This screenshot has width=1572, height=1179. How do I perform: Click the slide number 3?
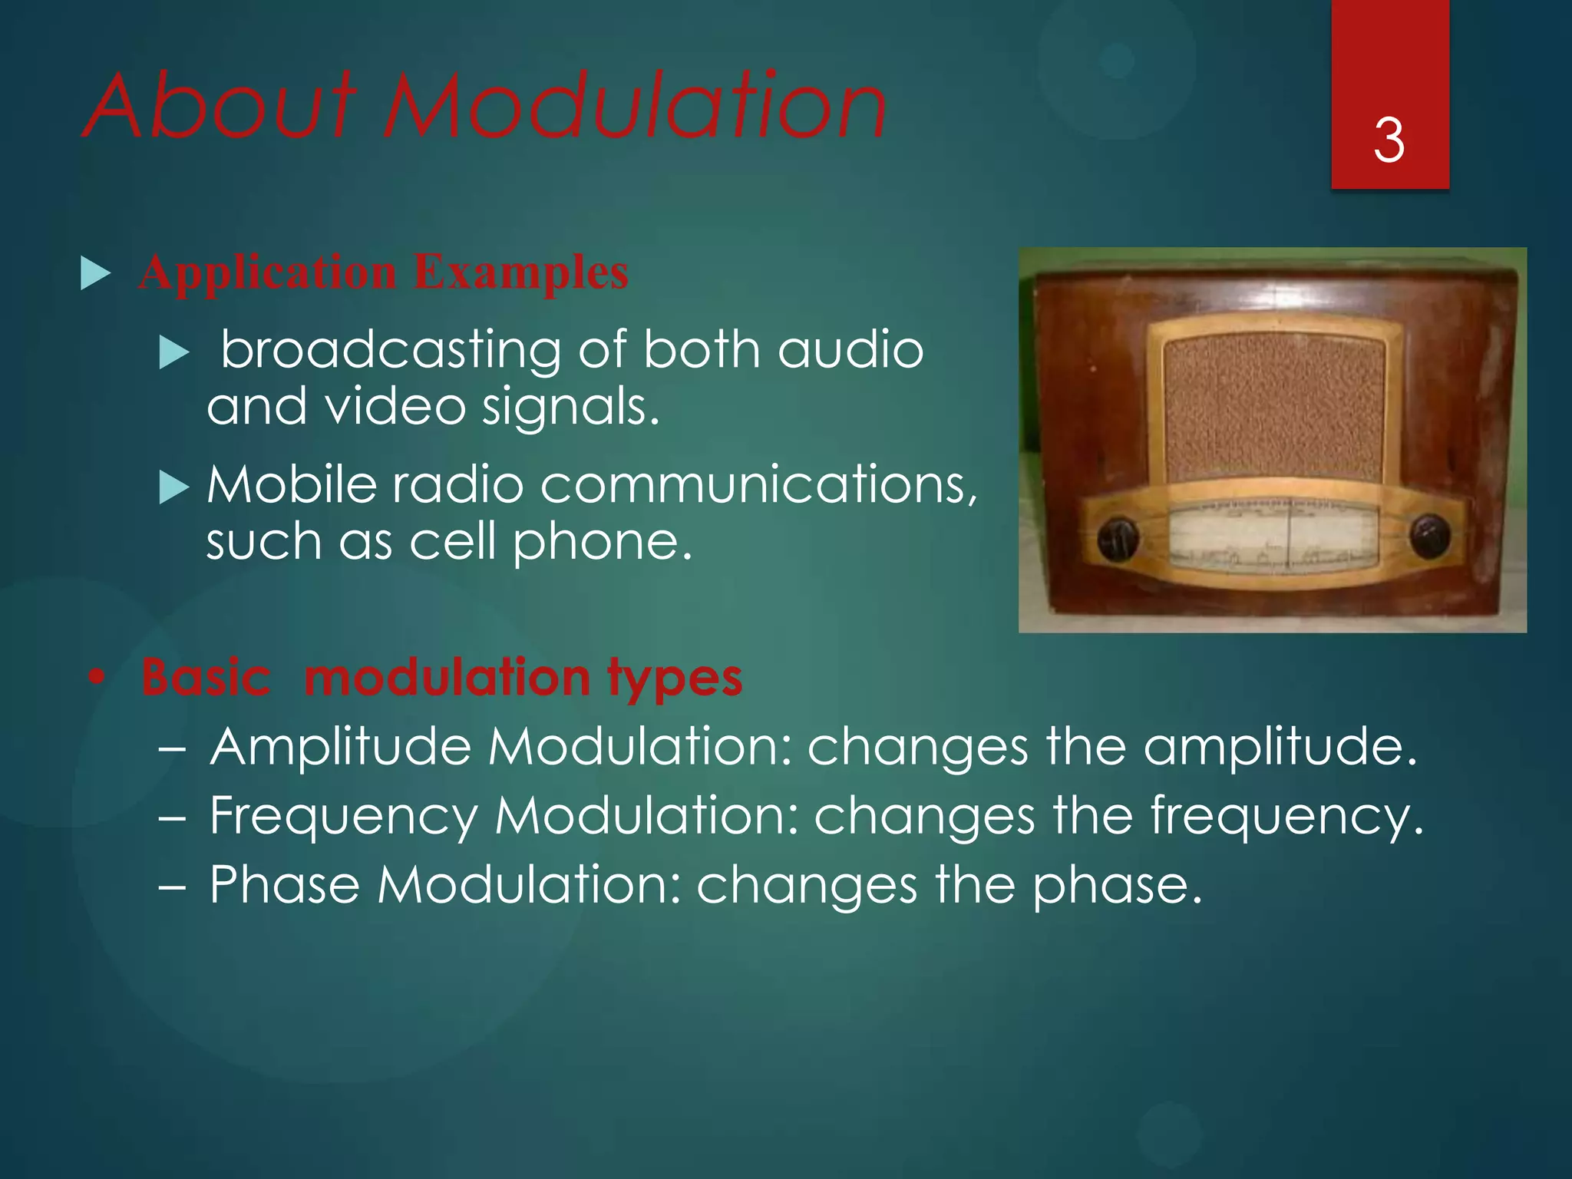click(1389, 140)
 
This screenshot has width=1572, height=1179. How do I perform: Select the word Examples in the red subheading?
click(521, 272)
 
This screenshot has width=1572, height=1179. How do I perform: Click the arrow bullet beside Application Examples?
click(95, 274)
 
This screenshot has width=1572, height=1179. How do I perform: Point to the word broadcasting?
click(391, 351)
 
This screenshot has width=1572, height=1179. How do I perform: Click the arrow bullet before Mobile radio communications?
click(173, 487)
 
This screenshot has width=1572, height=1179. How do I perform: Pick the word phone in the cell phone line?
click(602, 543)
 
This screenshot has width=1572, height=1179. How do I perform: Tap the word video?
click(395, 406)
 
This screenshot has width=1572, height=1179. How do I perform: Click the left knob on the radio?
click(1117, 539)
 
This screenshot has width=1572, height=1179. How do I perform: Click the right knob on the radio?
click(1430, 536)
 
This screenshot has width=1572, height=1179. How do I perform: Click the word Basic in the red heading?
click(206, 677)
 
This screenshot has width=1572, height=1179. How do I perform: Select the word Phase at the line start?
click(285, 884)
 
